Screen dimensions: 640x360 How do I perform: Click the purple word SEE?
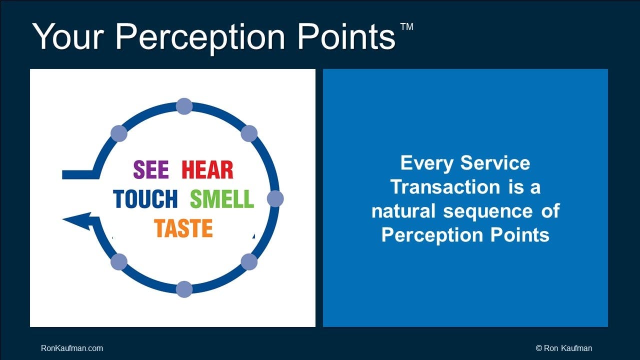coord(151,169)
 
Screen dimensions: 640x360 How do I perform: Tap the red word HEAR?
coord(207,169)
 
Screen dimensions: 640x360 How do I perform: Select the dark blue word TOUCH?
coord(145,198)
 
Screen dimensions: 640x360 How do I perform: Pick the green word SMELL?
coord(222,198)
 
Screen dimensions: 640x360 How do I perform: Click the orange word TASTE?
coord(183,228)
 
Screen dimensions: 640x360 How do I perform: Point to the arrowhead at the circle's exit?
coord(76,221)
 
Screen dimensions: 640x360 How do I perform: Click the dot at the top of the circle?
coord(184,106)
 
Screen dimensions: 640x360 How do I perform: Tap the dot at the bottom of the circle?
coord(184,289)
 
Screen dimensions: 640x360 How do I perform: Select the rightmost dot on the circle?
coord(275,198)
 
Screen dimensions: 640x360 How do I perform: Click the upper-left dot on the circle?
coord(119,133)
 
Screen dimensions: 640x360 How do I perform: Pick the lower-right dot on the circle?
coord(249,261)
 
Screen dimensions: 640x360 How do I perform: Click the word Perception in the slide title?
coord(200,37)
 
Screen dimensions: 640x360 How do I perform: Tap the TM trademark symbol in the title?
coord(407,26)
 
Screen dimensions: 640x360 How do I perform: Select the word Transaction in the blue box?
coord(445,187)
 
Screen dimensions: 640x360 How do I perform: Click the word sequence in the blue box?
coord(488,211)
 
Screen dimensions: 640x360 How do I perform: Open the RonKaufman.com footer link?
coord(72,348)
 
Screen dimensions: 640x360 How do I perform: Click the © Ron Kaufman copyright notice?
coord(564,348)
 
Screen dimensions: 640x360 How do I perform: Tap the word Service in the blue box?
coord(495,163)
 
